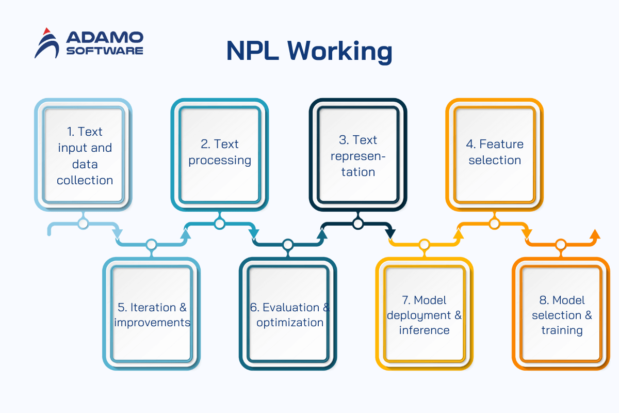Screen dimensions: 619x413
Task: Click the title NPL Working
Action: click(x=309, y=51)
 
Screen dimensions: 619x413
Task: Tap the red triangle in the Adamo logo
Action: click(x=47, y=31)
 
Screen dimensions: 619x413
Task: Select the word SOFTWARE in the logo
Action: click(x=105, y=51)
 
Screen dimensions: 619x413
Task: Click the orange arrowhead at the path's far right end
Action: click(x=595, y=234)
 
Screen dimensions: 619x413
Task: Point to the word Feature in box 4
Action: click(x=501, y=144)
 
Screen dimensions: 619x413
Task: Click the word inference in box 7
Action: click(x=424, y=330)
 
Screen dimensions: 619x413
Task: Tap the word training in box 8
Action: click(x=562, y=330)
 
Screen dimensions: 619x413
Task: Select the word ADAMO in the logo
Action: click(x=105, y=37)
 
